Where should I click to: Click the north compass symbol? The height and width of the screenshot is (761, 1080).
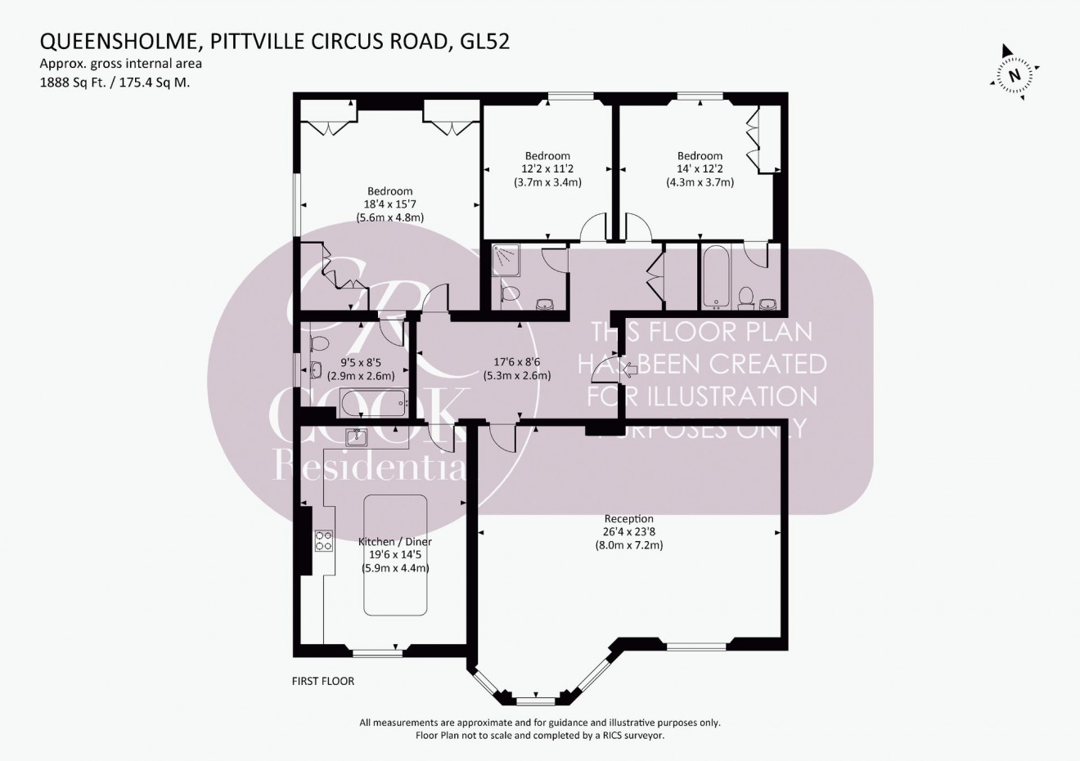coord(1014,75)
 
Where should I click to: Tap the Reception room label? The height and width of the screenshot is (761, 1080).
coord(628,518)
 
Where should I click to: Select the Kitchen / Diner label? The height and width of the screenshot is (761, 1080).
coord(395,542)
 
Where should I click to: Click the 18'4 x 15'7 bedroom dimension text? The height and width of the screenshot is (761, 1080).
coord(389,204)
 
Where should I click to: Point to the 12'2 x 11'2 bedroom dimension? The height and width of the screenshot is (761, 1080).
coord(547,169)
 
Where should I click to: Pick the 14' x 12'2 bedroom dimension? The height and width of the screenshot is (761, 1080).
coord(700,169)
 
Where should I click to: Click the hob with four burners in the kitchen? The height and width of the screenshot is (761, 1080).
coord(323,540)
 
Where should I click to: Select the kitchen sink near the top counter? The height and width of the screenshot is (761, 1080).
coord(357,437)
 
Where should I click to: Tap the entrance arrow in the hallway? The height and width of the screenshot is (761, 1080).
coord(631,370)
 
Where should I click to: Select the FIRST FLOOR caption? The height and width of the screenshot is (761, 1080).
coord(323,681)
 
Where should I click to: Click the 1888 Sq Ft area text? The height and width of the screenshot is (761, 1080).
coord(76,82)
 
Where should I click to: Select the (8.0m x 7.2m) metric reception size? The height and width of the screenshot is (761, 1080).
coord(628,544)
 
